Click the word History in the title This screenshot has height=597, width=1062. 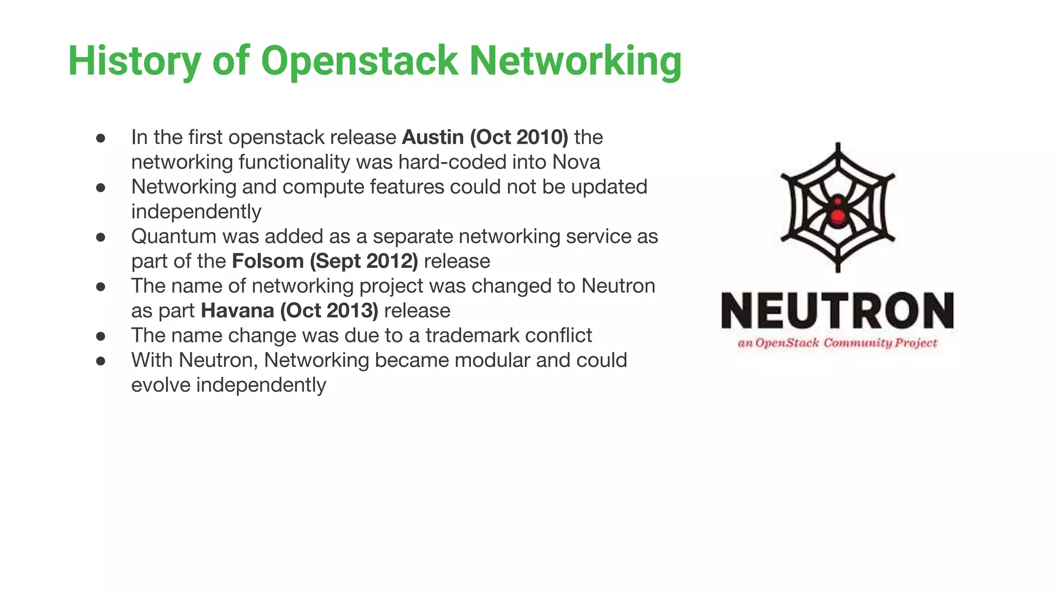pos(134,62)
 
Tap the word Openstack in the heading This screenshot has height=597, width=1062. pos(359,62)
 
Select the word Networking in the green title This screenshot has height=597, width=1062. pos(575,62)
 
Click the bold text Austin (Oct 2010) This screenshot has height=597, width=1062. pos(485,137)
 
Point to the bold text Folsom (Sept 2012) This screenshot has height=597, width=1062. pos(325,261)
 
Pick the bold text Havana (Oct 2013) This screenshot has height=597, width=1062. pos(289,311)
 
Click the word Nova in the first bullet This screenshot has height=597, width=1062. pos(576,162)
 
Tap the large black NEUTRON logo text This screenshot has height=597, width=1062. pos(837,310)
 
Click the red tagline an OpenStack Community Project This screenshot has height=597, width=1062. pos(837,343)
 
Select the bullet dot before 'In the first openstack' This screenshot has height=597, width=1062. pos(101,138)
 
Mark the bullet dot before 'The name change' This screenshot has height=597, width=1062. pos(101,336)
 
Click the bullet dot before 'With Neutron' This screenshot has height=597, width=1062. pos(101,361)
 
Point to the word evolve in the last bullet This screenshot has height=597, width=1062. pos(160,386)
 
